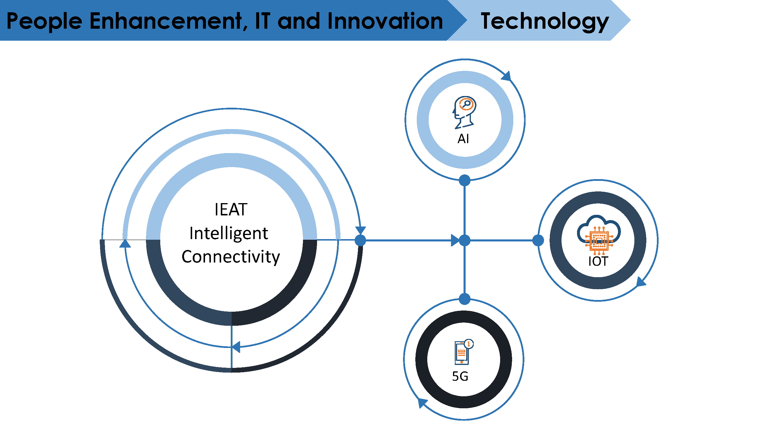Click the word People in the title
click(44, 21)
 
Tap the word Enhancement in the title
click(168, 21)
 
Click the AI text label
click(463, 139)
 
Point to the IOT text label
click(598, 261)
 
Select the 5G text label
click(460, 376)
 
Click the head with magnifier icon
click(464, 112)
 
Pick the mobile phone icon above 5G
click(464, 351)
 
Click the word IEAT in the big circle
click(231, 210)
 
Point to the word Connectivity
click(231, 257)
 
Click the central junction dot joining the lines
click(464, 241)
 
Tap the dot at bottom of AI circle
click(464, 181)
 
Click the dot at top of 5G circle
click(464, 299)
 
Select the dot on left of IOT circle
click(538, 241)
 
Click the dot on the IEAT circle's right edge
click(360, 241)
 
